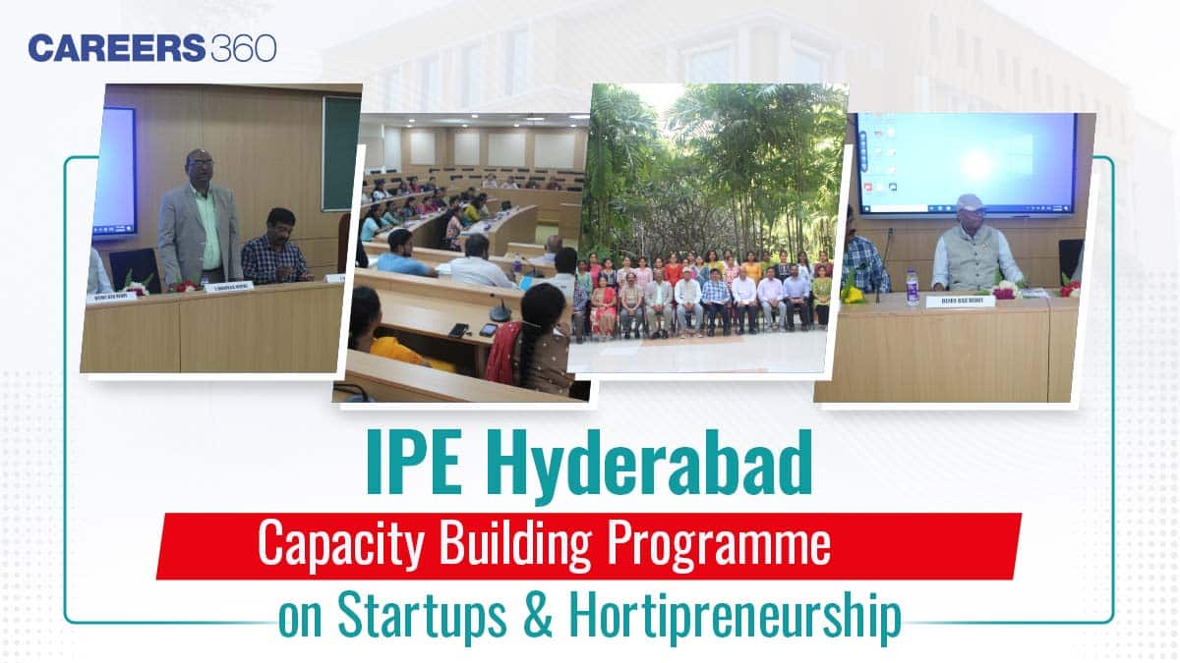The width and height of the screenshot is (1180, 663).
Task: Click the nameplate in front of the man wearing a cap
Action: click(960, 301)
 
